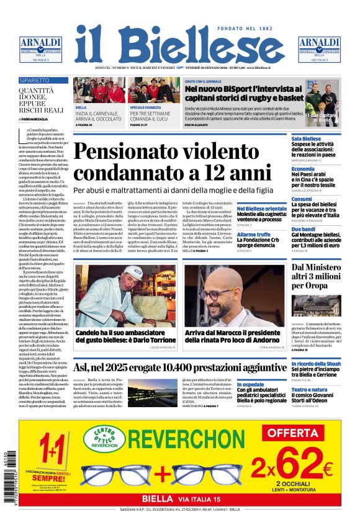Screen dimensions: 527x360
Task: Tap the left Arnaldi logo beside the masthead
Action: [x=40, y=48]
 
